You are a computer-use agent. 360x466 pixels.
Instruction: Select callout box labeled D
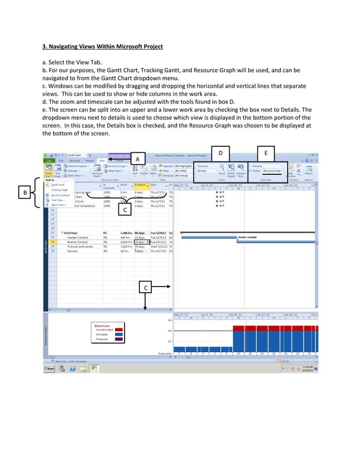pos(221,153)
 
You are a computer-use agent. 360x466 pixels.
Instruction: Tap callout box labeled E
pos(266,153)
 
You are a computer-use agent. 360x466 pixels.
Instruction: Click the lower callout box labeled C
pos(146,288)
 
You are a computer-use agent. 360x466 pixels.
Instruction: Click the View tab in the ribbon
pos(102,161)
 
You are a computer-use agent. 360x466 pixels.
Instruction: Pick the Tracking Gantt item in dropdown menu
pos(59,190)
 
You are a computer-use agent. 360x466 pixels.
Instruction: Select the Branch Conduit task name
pos(79,242)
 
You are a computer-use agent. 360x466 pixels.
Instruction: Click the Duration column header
pos(141,184)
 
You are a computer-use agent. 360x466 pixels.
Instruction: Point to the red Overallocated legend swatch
pos(118,329)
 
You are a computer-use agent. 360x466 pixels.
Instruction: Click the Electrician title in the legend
pos(102,325)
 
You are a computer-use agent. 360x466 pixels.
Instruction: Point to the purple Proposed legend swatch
pos(118,340)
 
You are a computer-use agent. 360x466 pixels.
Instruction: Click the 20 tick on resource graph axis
pos(169,331)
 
